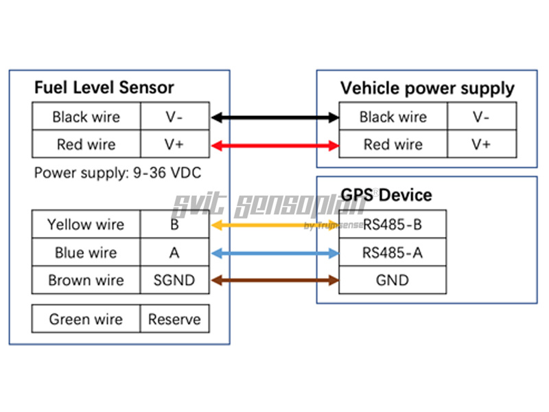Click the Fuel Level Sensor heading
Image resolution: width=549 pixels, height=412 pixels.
[104, 88]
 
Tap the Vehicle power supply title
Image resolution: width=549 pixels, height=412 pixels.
[427, 89]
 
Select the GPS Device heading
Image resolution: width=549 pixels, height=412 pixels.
[386, 195]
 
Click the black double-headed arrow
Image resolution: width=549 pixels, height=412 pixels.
[274, 117]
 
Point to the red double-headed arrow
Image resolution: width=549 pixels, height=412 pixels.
[274, 145]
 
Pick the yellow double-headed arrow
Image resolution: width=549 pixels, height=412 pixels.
[274, 225]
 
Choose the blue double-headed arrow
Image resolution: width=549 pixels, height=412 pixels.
[274, 253]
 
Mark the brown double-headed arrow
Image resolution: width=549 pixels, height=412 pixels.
[274, 279]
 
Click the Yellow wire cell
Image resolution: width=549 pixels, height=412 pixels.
[86, 225]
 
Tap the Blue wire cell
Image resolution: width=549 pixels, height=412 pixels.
[86, 253]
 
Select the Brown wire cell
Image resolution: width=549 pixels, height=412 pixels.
[86, 280]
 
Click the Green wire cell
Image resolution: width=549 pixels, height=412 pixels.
[86, 319]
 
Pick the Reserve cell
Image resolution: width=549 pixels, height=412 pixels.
[174, 319]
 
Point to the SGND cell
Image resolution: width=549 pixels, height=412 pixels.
[174, 280]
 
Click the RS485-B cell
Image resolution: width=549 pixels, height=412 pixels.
[393, 225]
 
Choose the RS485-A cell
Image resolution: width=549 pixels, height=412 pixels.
[393, 253]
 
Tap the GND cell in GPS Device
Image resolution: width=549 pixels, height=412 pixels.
[393, 280]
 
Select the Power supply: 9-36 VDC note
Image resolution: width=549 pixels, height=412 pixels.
[117, 173]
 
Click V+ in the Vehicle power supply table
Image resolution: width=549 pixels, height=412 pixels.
[481, 145]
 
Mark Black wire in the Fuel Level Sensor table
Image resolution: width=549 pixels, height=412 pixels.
[86, 117]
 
